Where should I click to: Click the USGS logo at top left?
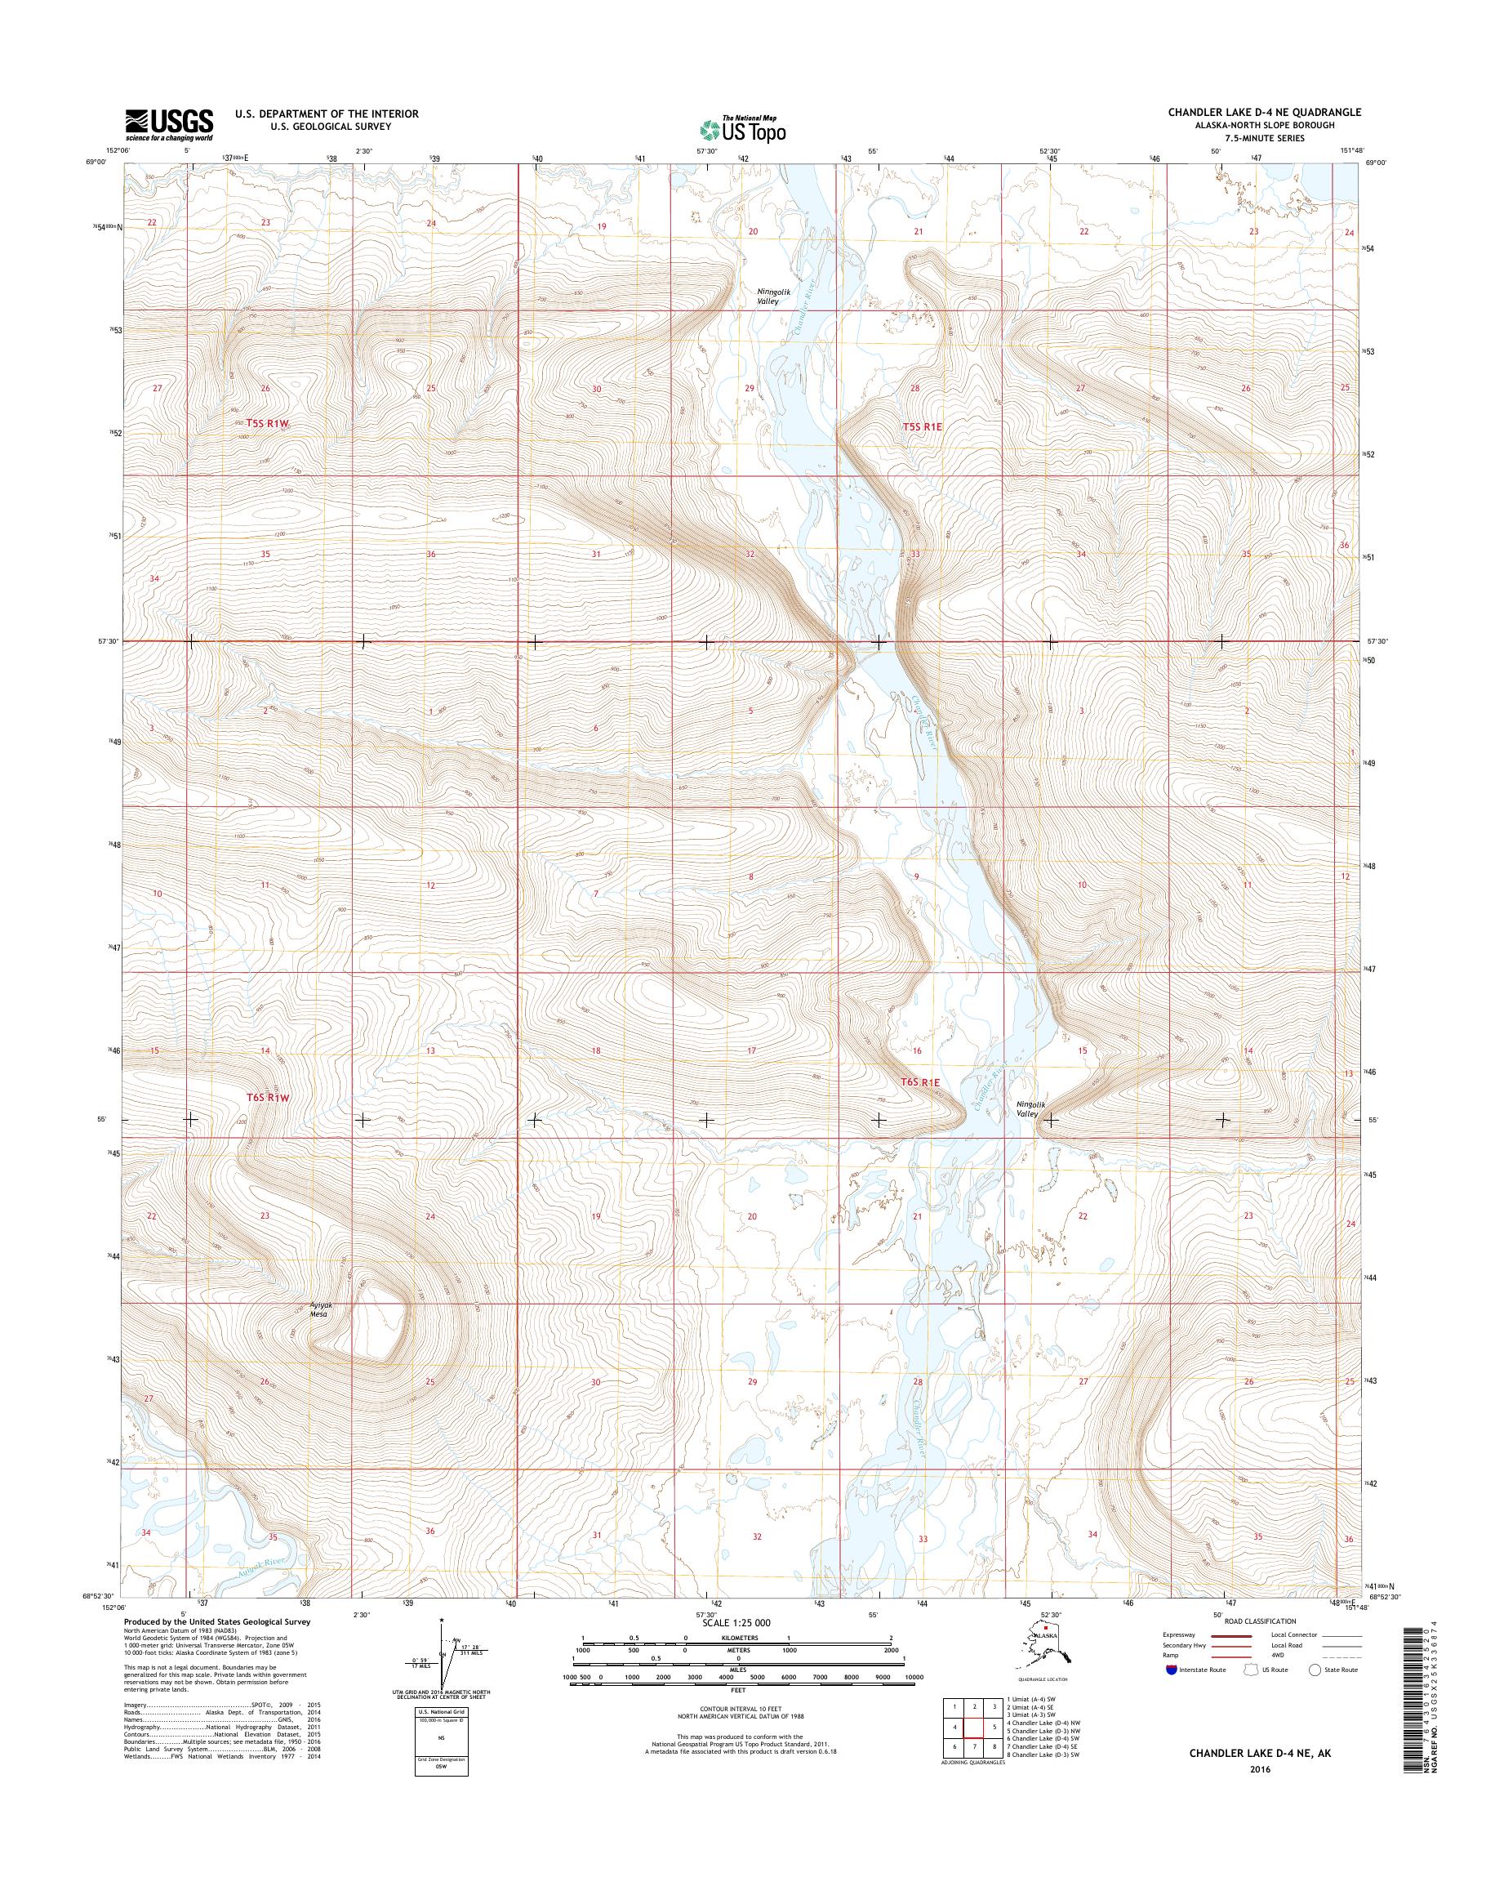pos(169,124)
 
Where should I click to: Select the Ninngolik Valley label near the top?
pos(767,296)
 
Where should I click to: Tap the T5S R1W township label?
pos(265,423)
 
